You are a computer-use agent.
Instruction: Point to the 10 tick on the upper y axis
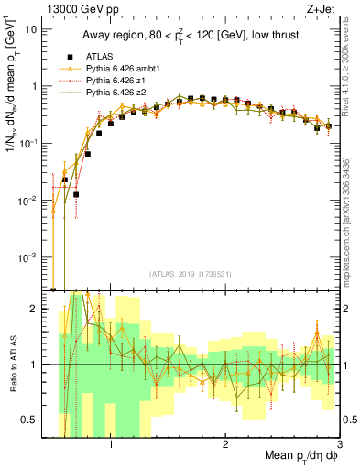click(31, 28)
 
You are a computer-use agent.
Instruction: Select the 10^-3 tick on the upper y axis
click(28, 258)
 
